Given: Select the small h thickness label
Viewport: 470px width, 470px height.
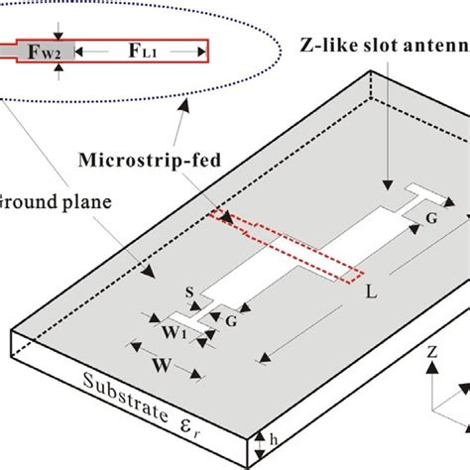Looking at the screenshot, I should pos(274,434).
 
